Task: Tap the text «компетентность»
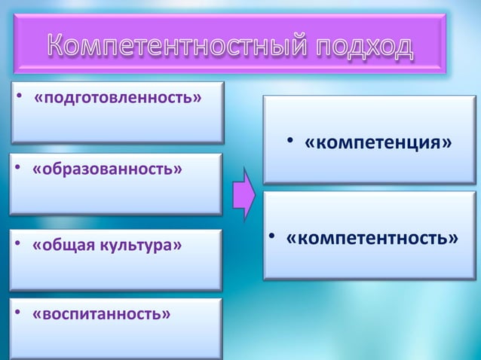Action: point(372,238)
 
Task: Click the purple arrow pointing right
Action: point(244,194)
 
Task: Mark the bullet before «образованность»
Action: point(17,167)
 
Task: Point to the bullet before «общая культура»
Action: point(17,245)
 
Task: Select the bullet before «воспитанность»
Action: point(17,312)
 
